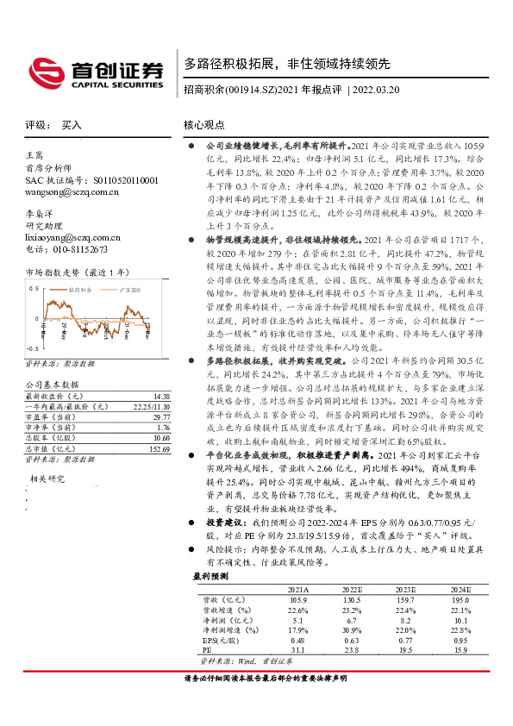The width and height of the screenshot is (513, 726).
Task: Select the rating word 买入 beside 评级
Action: point(71,125)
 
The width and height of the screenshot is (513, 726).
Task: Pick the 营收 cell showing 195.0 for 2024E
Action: point(461,598)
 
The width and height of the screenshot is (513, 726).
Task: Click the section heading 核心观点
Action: point(203,125)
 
